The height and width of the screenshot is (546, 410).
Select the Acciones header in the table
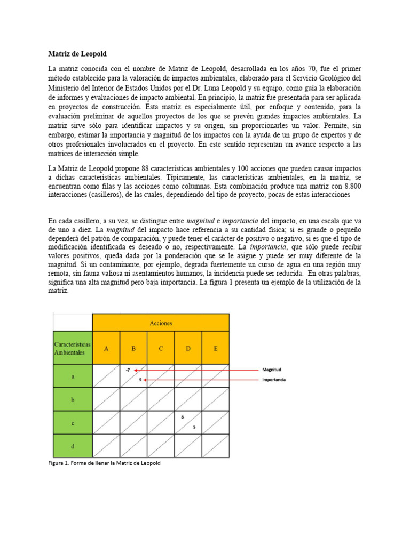(161, 323)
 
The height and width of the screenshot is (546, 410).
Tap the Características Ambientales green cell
(73, 348)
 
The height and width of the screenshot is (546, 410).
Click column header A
(106, 349)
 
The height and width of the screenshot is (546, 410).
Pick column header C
(161, 349)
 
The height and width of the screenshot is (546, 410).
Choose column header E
(215, 349)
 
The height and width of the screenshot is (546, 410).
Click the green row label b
(73, 398)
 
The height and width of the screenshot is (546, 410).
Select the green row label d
(73, 445)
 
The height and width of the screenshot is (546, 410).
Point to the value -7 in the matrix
(127, 370)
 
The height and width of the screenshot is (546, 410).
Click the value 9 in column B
(140, 380)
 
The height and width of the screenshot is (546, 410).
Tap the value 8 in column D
(183, 417)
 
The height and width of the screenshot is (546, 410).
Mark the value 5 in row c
(194, 427)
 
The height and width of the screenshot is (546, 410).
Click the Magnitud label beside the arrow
(272, 369)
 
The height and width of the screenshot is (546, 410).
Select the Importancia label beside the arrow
(274, 380)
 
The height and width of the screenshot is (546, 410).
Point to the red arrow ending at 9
(198, 380)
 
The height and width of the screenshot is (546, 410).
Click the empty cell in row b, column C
(161, 398)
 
